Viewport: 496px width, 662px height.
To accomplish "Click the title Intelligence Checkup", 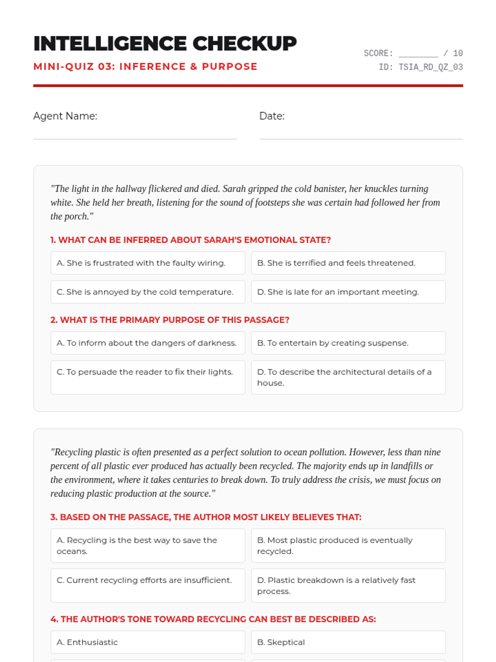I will (165, 43).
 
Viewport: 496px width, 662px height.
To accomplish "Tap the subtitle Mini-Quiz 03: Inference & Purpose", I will (145, 67).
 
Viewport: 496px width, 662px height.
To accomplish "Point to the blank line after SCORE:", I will (418, 54).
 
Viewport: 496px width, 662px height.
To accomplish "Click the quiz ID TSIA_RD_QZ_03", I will (430, 67).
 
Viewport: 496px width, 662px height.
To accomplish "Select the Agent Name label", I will (65, 116).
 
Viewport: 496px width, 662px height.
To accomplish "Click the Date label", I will (272, 116).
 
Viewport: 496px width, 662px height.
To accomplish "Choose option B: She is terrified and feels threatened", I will (348, 263).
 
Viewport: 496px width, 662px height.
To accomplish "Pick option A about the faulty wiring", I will (148, 263).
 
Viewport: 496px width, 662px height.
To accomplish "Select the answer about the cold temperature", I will (148, 292).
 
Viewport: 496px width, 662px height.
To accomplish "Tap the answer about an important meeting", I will (348, 292).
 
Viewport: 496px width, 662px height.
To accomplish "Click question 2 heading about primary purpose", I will (169, 320).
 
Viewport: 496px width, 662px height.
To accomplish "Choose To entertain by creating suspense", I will (348, 343).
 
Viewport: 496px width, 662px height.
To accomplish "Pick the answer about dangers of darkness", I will (148, 343).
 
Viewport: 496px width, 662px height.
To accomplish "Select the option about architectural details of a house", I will (348, 377).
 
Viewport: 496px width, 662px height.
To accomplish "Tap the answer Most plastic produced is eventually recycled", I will (348, 546).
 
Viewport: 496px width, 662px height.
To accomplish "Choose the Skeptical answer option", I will (348, 642).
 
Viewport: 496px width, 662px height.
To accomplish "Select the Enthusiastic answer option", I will (148, 642).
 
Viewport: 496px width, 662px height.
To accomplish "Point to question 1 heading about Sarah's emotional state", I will (191, 240).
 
